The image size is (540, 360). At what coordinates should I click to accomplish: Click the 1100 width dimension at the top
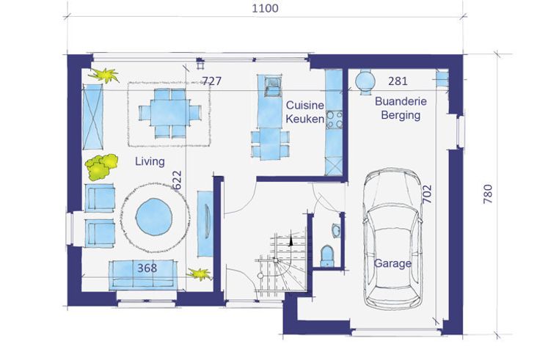coord(265,8)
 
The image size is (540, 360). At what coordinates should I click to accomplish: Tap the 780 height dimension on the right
coord(488,194)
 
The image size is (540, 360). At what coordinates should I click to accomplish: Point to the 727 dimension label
coord(211,81)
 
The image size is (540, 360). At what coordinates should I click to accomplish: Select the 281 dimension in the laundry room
coord(398,81)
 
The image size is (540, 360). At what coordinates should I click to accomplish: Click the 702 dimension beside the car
coord(427,194)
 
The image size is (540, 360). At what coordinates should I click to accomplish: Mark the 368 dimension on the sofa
coord(147,268)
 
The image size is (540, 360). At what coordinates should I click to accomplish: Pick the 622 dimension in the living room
coord(177,180)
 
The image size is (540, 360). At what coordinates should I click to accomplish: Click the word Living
coord(150,161)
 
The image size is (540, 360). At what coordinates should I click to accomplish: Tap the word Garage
coord(393,264)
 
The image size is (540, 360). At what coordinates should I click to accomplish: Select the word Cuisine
coord(305,105)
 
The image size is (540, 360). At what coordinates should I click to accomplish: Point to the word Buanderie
coord(401,101)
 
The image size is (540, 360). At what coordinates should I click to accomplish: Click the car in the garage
coord(393,238)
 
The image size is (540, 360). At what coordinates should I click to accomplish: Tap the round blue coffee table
coord(153,217)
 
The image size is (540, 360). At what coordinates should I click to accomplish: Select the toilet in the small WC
coord(326,256)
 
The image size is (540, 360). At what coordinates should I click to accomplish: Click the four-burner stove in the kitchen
coord(334,120)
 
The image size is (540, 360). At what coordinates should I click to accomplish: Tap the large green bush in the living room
coord(101,167)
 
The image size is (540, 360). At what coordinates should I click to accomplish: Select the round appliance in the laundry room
coord(365,81)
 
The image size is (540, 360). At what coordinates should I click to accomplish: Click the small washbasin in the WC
coord(336,230)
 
